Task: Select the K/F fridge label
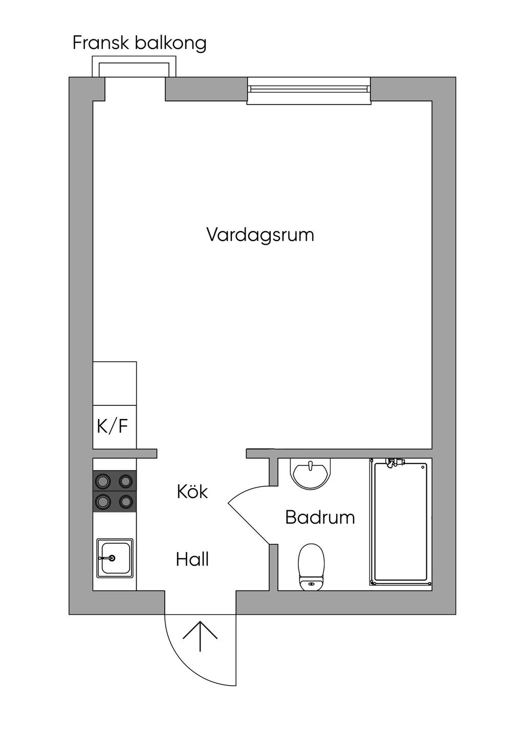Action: point(113,426)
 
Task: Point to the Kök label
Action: point(192,491)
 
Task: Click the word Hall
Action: point(192,559)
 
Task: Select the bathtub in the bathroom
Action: point(401,522)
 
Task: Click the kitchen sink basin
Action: point(115,558)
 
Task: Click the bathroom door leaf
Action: point(249,524)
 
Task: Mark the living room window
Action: point(309,91)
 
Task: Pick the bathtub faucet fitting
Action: point(395,462)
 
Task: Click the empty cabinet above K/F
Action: point(115,383)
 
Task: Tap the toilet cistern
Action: point(311,583)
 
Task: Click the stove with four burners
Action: point(115,491)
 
